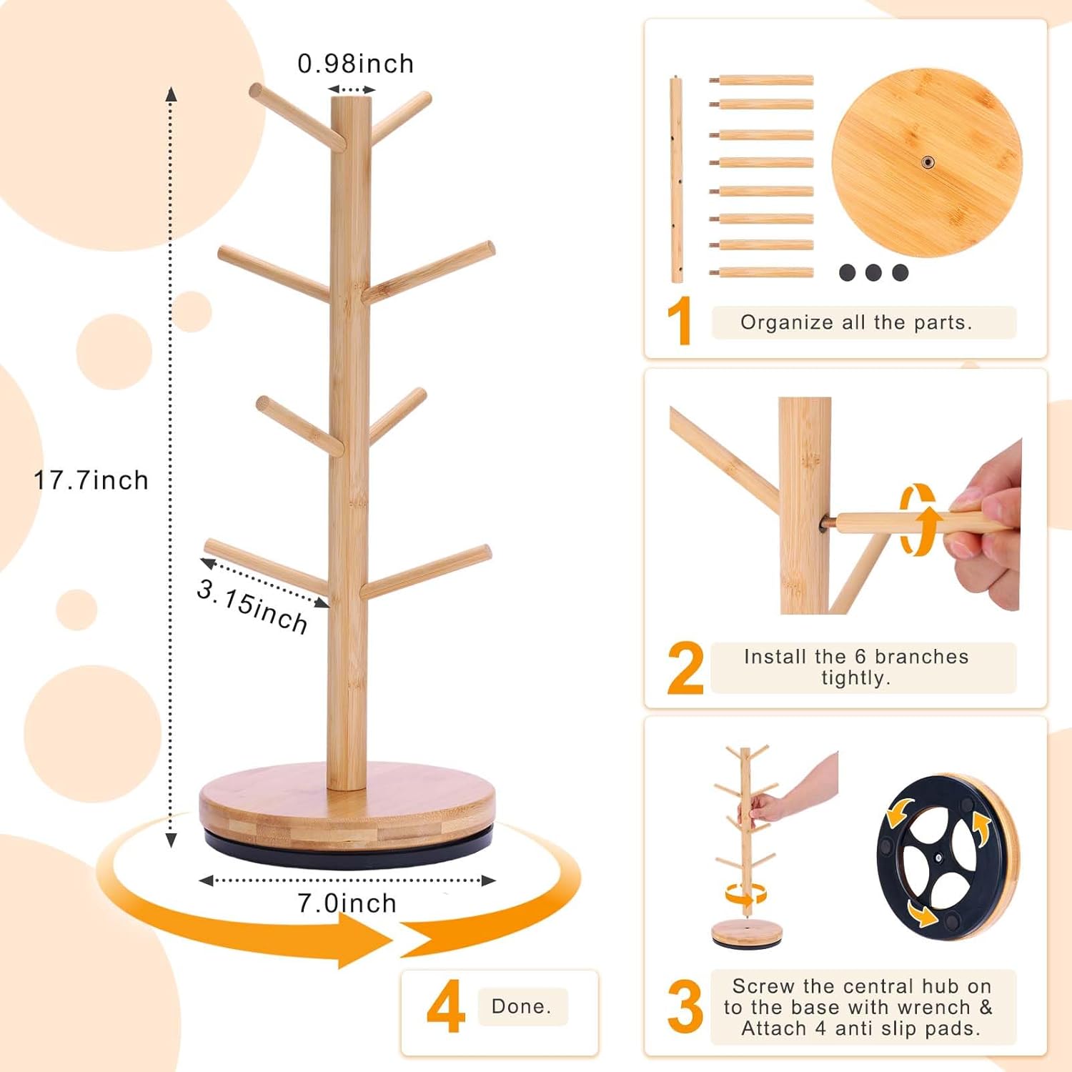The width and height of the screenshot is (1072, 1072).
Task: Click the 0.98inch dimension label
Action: [355, 64]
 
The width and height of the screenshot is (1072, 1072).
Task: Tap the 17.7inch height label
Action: [91, 480]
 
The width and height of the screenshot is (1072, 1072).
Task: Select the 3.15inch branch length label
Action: [252, 607]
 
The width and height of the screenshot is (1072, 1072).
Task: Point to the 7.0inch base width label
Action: [347, 903]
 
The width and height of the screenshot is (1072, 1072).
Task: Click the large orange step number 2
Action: [685, 669]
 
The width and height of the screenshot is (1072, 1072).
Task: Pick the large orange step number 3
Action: [685, 1008]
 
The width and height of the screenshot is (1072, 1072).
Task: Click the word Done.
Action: [522, 1006]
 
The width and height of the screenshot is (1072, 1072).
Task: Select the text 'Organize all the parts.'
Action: [856, 322]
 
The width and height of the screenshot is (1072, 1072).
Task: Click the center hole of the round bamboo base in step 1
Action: [927, 163]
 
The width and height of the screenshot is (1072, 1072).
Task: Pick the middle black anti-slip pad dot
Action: [873, 272]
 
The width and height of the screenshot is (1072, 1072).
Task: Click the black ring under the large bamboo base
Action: [348, 850]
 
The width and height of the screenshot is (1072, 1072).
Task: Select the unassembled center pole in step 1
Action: [676, 179]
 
